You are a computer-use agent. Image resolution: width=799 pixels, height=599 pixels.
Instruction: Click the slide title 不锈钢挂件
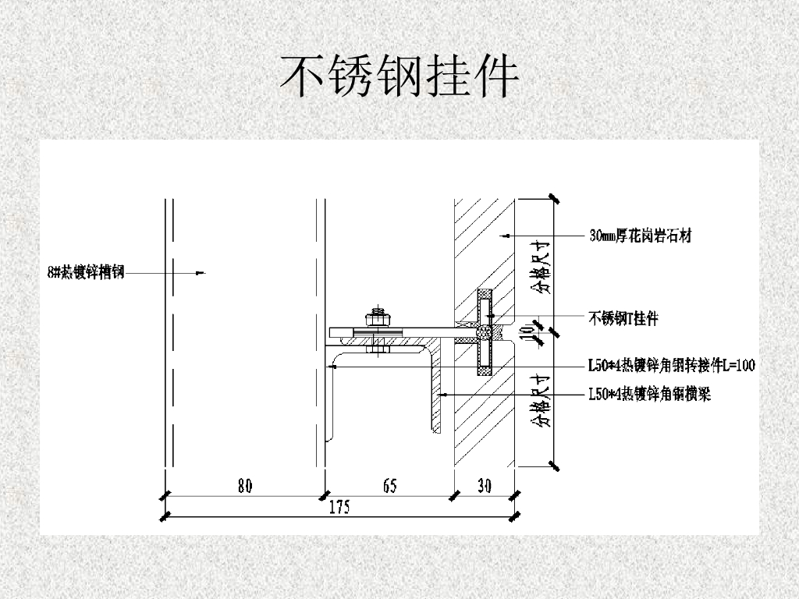click(399, 76)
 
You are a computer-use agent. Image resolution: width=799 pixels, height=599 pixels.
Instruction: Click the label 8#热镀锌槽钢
click(86, 271)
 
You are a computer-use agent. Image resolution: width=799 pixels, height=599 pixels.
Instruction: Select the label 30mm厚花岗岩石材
click(640, 234)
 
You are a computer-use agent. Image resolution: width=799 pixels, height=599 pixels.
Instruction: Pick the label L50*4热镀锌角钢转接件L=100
click(671, 364)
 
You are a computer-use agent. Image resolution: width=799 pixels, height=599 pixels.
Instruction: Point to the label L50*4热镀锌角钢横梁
click(649, 395)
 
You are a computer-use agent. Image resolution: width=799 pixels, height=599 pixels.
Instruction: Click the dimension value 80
click(244, 486)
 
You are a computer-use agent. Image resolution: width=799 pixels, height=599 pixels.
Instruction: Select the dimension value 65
click(389, 486)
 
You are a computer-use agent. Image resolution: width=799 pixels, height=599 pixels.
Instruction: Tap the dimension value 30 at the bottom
click(484, 486)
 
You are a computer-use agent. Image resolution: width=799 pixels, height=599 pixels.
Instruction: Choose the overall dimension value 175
click(339, 508)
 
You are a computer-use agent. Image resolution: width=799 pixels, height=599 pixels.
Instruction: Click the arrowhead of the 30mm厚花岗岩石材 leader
click(503, 234)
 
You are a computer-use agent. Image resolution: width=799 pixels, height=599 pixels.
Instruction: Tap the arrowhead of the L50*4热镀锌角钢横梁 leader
click(441, 395)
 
